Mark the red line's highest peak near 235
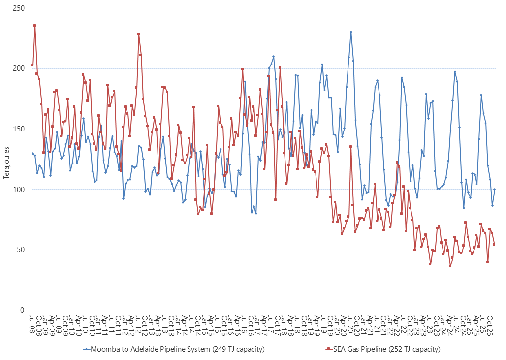tap(34, 25)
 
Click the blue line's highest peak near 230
tap(351, 32)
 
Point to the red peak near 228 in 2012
tap(139, 34)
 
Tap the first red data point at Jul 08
tap(32, 65)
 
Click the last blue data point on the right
tap(494, 189)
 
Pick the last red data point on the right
tap(494, 244)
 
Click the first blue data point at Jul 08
tap(32, 153)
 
